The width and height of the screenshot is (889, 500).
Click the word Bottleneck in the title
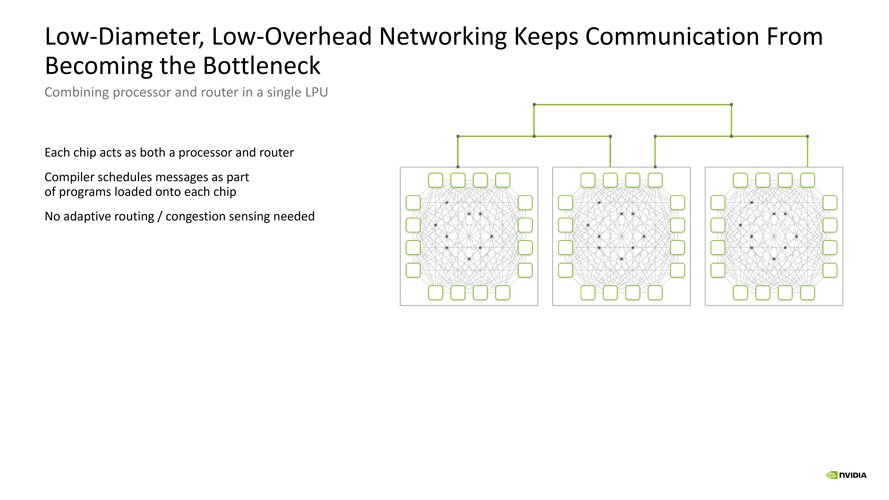tap(262, 66)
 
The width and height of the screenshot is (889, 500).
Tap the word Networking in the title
tap(443, 37)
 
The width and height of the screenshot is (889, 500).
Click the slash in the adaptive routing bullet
tap(160, 216)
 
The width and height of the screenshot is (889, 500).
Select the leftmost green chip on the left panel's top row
tap(435, 180)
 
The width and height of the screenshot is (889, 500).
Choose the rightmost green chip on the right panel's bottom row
tap(808, 293)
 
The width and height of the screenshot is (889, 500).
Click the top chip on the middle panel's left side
tap(565, 203)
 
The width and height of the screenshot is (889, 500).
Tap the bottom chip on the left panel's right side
tap(525, 270)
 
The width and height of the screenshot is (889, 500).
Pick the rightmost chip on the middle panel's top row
tap(655, 180)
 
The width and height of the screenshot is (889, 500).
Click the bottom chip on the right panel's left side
tap(718, 270)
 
